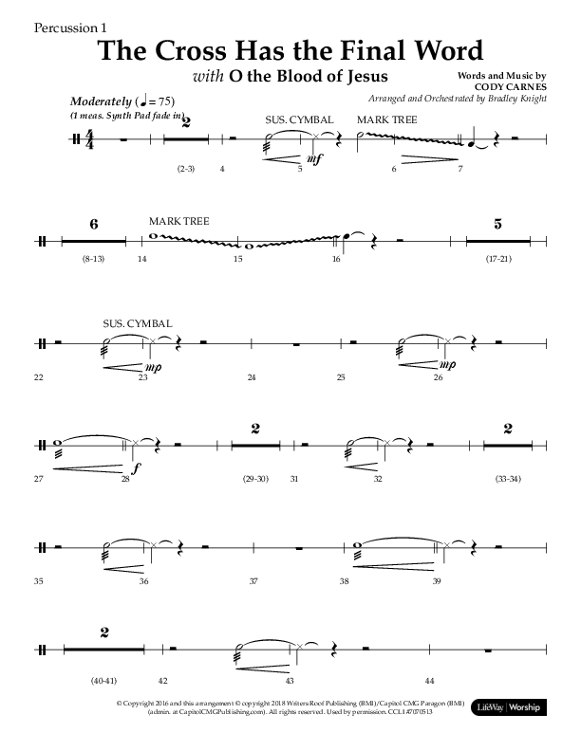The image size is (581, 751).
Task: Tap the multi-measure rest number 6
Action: [x=94, y=224]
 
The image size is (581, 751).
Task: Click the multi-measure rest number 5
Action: [x=498, y=224]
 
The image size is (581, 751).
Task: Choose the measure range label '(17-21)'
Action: [x=498, y=258]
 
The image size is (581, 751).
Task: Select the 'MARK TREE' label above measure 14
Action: [x=179, y=222]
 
